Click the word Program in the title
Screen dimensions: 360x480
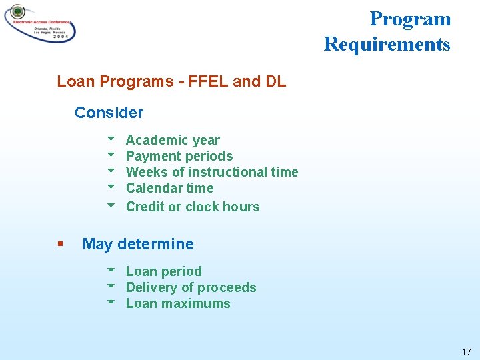[410, 19]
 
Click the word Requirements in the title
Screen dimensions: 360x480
[387, 45]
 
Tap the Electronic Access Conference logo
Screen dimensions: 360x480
[40, 23]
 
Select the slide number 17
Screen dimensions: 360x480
[466, 352]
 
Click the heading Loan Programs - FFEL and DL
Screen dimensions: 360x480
[171, 81]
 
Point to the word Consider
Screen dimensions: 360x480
[109, 113]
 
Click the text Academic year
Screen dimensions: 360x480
[173, 140]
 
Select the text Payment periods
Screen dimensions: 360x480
[179, 156]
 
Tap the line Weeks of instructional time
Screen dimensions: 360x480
[212, 172]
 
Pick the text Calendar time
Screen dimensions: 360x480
[169, 188]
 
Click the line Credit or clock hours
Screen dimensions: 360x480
[193, 207]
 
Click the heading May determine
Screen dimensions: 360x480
[138, 244]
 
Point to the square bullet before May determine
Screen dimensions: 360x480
[61, 244]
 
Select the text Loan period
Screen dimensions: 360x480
[163, 271]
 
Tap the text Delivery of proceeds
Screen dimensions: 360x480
[191, 287]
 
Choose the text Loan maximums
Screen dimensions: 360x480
[178, 303]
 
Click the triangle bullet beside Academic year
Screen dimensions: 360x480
[111, 139]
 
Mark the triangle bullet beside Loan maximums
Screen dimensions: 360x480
[111, 303]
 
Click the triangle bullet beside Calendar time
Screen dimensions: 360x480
[111, 187]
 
